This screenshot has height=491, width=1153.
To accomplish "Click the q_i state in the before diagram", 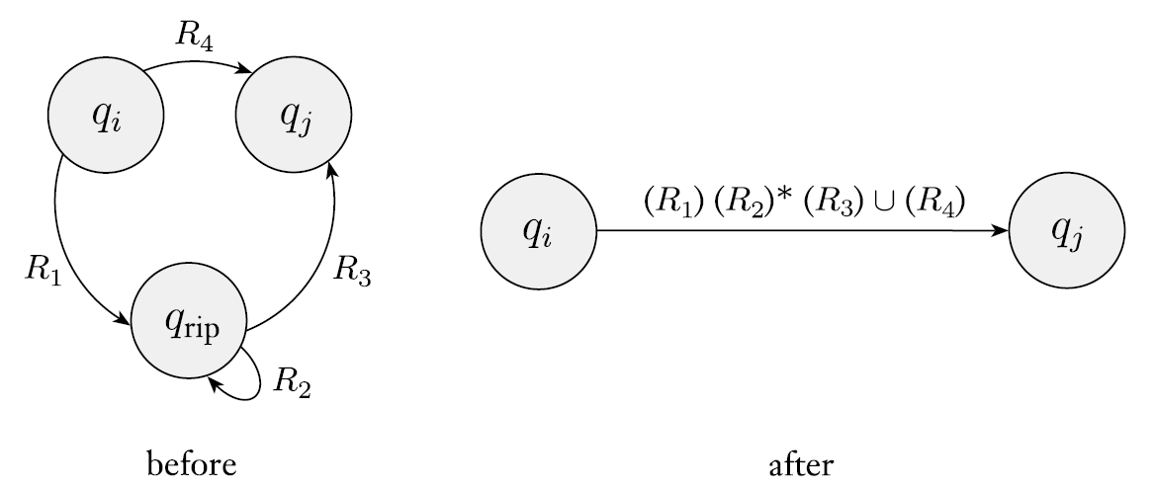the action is [105, 124].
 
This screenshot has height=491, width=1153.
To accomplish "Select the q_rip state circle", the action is [189, 323].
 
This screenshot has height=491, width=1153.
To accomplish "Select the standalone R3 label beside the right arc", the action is [352, 270].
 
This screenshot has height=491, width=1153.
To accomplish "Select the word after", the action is [802, 462].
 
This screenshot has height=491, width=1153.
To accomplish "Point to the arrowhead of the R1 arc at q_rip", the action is [126, 319].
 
